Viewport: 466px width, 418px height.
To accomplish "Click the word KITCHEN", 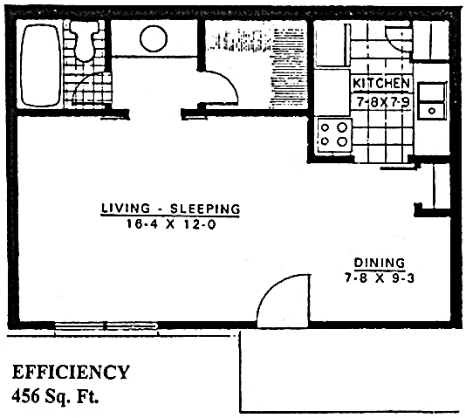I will tap(381, 83).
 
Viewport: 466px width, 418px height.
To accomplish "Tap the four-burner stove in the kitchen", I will tap(334, 134).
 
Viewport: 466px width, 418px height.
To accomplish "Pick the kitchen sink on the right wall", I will tap(431, 99).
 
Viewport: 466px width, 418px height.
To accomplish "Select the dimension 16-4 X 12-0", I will tap(169, 223).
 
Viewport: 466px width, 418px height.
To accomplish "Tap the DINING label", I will tap(379, 262).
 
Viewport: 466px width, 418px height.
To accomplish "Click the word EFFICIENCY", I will tap(71, 373).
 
